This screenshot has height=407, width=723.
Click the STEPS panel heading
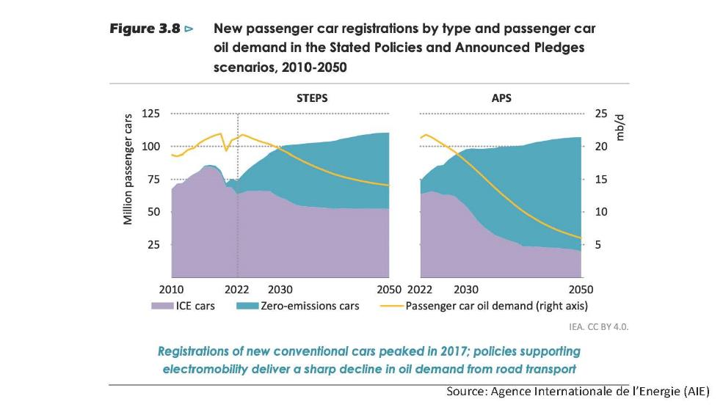[312, 97]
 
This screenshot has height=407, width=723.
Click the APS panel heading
[501, 97]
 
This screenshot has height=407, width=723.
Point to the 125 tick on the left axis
[150, 114]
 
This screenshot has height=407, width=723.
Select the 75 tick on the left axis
[153, 180]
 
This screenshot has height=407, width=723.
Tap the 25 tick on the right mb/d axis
[600, 114]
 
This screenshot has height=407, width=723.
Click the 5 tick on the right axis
[597, 245]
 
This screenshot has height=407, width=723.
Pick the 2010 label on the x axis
[171, 289]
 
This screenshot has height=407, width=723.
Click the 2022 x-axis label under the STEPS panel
[236, 289]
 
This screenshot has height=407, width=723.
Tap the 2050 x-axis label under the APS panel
[581, 289]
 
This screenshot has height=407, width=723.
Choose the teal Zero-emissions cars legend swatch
[248, 306]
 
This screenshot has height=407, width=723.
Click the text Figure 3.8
[145, 30]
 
